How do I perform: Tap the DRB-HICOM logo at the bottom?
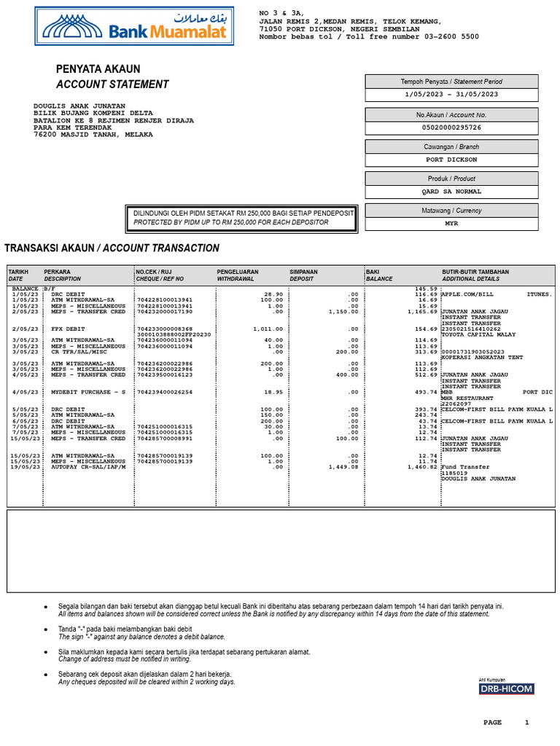pos(506,688)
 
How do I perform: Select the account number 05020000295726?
pos(451,127)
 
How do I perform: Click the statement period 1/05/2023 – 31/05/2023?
pos(451,94)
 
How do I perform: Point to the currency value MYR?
pos(451,224)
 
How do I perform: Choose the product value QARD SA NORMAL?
pos(451,192)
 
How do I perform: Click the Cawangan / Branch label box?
pos(451,146)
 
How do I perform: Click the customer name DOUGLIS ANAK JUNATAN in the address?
pos(79,106)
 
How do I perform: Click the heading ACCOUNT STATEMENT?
pos(112,85)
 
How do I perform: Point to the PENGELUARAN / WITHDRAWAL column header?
pos(237,275)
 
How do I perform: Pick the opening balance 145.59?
pos(425,288)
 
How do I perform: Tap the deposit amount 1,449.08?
pos(343,467)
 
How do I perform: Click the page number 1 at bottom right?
pos(526,723)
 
